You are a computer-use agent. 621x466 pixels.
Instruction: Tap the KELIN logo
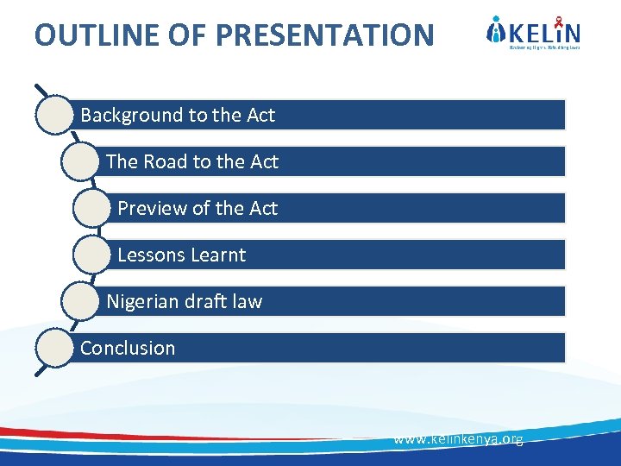[533, 34]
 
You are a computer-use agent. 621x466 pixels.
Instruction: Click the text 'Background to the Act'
[178, 115]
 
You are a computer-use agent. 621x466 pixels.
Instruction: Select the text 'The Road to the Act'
[191, 161]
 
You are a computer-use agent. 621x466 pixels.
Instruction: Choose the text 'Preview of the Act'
[198, 208]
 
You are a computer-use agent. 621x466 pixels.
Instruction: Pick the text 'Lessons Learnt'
[181, 255]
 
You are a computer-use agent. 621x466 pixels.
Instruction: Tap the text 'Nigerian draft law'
[184, 301]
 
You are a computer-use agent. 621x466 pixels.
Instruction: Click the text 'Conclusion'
[128, 348]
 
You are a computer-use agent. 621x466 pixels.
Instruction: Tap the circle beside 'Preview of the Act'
[92, 208]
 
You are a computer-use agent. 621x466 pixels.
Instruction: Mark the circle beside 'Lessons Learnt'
[92, 255]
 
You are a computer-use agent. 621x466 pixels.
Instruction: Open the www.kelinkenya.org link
[458, 439]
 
